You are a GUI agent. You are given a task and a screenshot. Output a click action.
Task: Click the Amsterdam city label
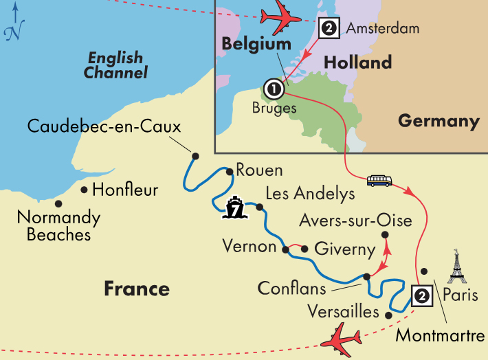pos(382,29)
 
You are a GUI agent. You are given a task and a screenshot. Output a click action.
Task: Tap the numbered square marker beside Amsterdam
pos(329,28)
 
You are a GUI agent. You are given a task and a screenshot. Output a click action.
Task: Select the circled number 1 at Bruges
pos(273,89)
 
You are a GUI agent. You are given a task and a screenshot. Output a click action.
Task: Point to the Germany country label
pos(439,122)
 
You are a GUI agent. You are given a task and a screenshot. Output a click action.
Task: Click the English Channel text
pos(115,65)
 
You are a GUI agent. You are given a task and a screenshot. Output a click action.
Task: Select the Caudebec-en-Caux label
pos(104,127)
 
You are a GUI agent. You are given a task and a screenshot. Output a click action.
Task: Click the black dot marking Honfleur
pos(84,190)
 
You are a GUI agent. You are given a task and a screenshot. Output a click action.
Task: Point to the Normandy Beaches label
pos(58,226)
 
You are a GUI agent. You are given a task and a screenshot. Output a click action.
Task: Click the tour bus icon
pos(380,181)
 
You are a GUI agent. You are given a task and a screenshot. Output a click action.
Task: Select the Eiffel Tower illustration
pos(456,267)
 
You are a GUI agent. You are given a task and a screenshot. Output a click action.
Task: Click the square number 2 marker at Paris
pos(421,295)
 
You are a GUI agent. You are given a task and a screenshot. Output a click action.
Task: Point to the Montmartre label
pos(440,336)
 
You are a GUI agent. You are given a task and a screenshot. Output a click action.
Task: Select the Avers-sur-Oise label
pos(355,221)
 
